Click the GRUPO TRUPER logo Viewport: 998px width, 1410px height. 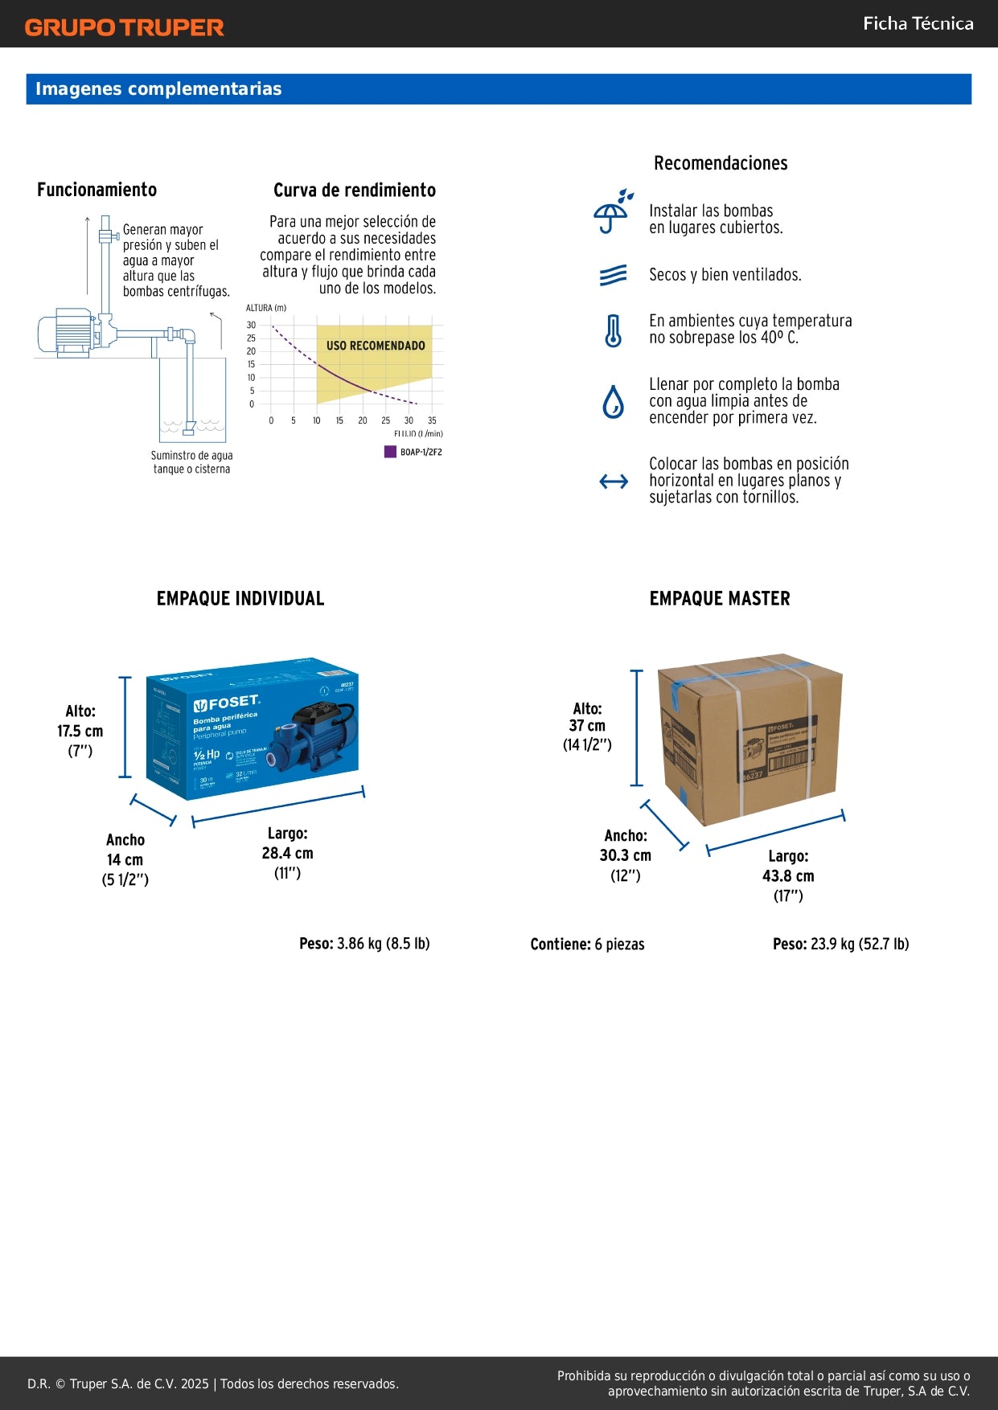coord(124,27)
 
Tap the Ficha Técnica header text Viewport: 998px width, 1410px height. coord(918,23)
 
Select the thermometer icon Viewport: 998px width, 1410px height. coord(613,330)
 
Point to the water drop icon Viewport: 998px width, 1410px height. coord(613,402)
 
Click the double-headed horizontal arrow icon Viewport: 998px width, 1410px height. coord(614,482)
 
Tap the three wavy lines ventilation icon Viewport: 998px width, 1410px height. coord(613,276)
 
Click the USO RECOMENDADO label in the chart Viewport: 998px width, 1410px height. coord(376,346)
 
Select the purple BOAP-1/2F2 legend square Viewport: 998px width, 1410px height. coord(390,452)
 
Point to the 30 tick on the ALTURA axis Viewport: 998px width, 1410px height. coord(251,326)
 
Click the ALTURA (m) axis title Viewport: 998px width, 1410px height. coord(266,308)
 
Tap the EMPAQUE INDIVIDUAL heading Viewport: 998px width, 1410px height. coord(240,599)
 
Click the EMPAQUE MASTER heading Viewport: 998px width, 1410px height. coord(720,599)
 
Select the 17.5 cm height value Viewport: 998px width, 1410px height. coord(80,732)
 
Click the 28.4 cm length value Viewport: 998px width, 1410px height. coord(287,854)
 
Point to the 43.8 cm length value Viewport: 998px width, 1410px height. coord(788,876)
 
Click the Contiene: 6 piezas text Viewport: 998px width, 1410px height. coord(587,945)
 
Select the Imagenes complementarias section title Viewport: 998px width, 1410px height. coord(158,89)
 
